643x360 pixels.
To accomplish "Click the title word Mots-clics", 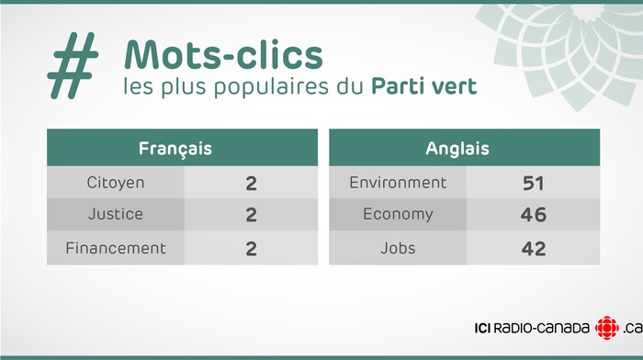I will (223, 55).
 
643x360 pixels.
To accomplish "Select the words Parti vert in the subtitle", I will (423, 88).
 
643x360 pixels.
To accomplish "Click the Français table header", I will (175, 148).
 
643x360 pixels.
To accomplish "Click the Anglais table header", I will (457, 148).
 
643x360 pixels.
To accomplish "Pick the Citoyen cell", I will (115, 183).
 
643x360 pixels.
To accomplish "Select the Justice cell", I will (115, 215).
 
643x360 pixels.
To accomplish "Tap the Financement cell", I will (115, 248).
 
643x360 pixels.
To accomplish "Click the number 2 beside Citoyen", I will (251, 183).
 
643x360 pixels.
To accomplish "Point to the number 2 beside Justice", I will (251, 215).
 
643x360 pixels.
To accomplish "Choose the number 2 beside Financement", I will (251, 248).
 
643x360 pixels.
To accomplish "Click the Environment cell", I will (398, 183).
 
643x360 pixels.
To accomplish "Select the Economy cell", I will (398, 215).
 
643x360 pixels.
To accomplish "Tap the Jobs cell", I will (398, 248).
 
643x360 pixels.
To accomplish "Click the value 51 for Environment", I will (533, 183).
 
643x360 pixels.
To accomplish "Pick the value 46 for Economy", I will (533, 215).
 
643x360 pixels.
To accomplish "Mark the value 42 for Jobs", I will (533, 248).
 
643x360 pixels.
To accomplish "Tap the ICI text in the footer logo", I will (484, 328).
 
